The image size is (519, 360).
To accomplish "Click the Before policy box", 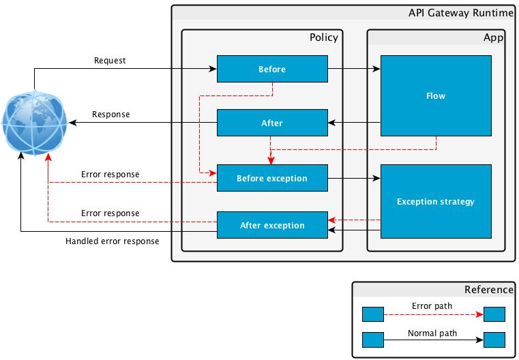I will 272,69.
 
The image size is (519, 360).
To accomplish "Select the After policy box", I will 272,123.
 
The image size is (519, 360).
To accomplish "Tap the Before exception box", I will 272,179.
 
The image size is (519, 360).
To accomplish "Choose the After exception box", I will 272,225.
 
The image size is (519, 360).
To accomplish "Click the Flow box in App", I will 435,96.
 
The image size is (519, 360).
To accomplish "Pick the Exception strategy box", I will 435,201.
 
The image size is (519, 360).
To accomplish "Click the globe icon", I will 34,123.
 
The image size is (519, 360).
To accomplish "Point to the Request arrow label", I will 110,61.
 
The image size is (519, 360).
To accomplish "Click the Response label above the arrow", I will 110,115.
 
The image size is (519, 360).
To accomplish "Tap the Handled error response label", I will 112,241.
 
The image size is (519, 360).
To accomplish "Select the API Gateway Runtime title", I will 460,13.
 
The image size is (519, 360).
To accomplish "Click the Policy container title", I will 323,37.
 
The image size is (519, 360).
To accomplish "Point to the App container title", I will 493,37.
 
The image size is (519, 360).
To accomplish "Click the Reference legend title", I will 488,289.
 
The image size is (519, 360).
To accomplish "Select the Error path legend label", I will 432,306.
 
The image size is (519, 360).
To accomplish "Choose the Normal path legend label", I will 432,333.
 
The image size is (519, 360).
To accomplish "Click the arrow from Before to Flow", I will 354,69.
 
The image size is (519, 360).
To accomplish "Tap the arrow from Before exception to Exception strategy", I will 354,179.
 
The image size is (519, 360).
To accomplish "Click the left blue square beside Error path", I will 372,314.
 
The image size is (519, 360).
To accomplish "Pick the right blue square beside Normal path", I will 494,340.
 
